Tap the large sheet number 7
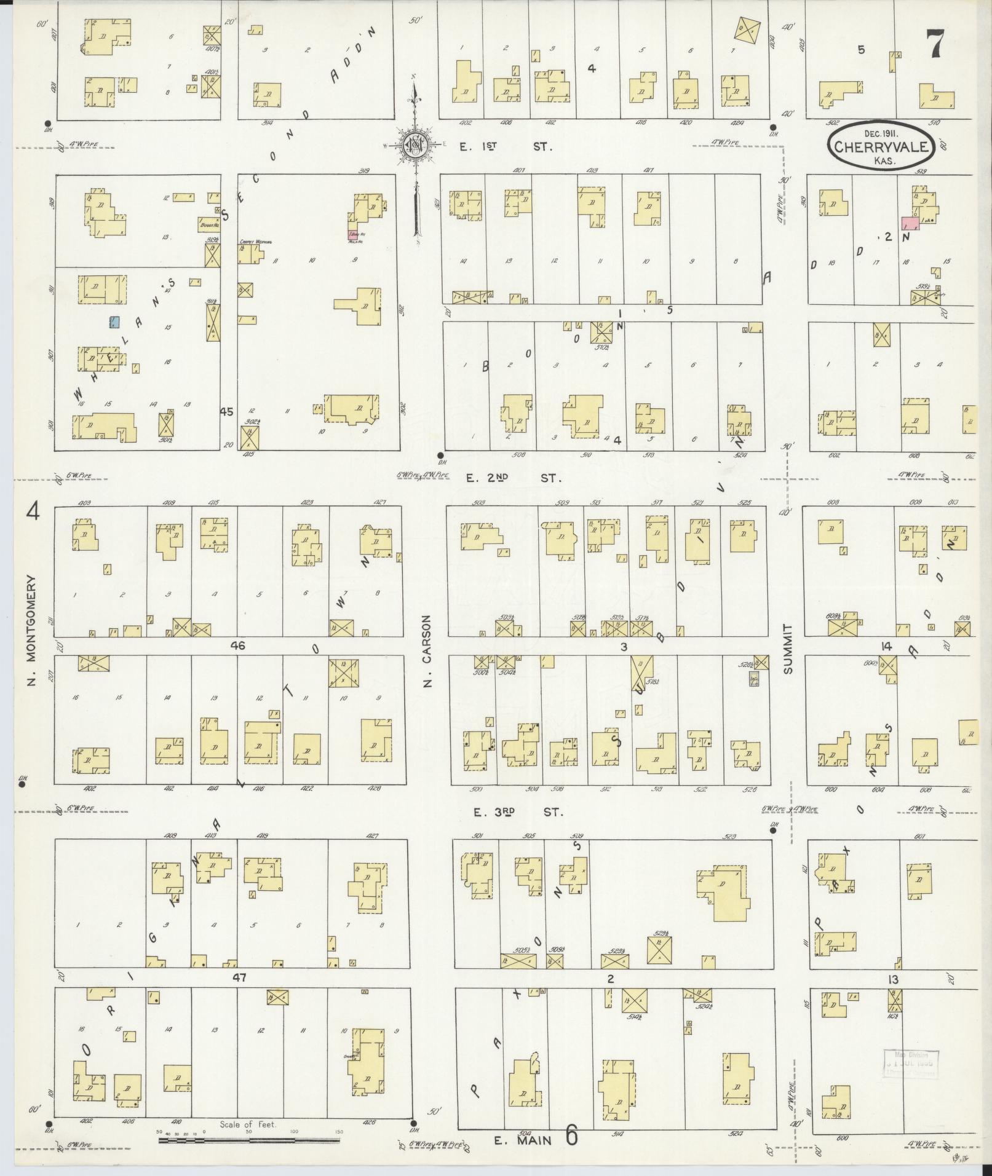click(935, 44)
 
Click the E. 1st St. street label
click(506, 147)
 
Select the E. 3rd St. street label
click(518, 812)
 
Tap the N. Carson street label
click(428, 650)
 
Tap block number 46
click(238, 645)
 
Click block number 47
click(240, 977)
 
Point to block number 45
click(228, 412)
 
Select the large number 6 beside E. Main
click(571, 1136)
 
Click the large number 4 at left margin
click(33, 511)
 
